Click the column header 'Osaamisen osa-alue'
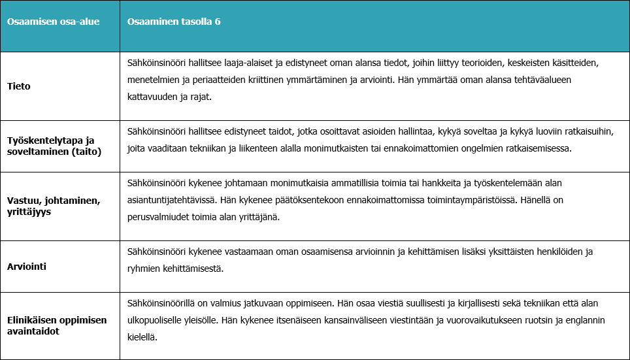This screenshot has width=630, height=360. click(44, 22)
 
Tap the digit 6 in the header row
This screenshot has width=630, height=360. click(218, 22)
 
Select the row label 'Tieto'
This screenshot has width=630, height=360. click(19, 86)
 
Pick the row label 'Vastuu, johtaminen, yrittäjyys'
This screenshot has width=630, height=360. click(54, 206)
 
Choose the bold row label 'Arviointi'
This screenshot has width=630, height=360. click(27, 267)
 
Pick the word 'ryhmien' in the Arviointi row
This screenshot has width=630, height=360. click(144, 269)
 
